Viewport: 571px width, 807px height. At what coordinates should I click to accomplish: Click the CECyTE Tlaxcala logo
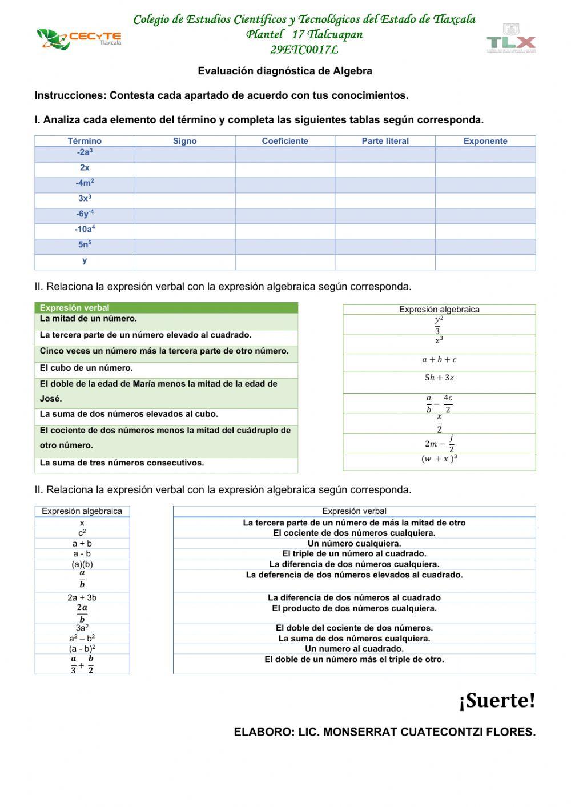79,39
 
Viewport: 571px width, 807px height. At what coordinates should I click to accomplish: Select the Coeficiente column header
285,141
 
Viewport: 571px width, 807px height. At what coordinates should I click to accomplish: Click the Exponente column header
485,141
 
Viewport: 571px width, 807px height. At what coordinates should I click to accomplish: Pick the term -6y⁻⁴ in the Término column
85,214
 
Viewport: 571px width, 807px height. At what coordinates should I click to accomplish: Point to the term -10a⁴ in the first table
85,229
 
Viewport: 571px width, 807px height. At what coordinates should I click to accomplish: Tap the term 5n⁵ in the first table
85,244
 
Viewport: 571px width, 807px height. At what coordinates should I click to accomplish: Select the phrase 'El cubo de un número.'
86,368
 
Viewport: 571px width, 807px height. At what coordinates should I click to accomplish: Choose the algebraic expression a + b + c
439,360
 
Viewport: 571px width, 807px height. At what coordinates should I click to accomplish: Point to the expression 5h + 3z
439,378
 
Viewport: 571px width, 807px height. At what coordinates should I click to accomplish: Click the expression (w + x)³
439,459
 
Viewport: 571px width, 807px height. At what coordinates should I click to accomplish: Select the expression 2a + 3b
82,597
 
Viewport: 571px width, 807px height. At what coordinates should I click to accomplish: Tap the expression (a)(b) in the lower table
82,564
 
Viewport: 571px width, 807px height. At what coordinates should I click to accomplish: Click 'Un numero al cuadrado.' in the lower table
354,649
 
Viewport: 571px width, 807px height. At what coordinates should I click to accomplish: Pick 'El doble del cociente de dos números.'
354,628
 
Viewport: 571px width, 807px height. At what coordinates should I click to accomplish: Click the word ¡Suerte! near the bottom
497,701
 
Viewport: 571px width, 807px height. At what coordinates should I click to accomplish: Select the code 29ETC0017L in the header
304,50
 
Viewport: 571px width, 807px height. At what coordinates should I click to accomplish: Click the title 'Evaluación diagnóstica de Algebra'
285,71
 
